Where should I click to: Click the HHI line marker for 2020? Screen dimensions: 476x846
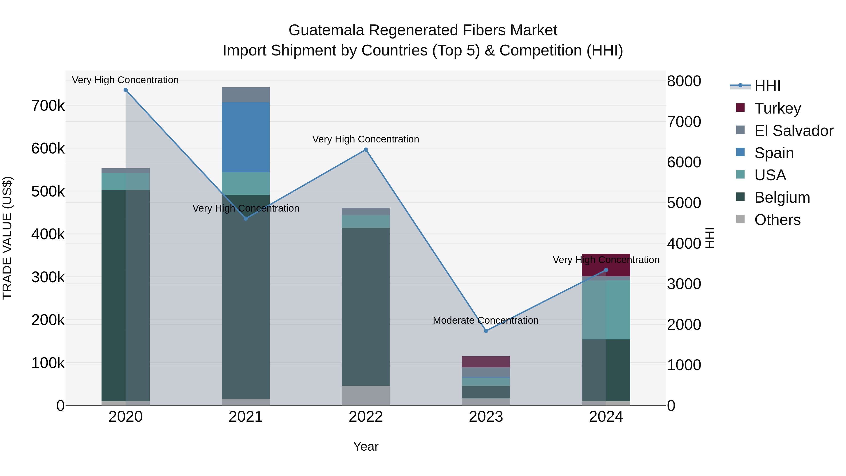click(125, 90)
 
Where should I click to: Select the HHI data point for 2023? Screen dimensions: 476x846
click(486, 331)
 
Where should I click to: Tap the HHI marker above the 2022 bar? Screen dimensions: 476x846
click(366, 150)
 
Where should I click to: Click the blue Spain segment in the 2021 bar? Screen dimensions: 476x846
click(246, 137)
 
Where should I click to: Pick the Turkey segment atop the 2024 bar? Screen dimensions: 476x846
click(606, 265)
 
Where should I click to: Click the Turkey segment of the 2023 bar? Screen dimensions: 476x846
click(486, 362)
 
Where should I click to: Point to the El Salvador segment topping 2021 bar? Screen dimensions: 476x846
click(246, 94)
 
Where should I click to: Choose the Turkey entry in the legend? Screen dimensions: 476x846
click(777, 108)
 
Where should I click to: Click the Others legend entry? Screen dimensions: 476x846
click(777, 220)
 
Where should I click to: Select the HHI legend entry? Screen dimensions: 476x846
click(767, 86)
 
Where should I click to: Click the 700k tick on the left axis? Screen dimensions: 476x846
click(48, 106)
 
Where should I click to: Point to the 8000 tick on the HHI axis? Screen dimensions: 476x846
click(684, 81)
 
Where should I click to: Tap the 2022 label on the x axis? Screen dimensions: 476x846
click(366, 417)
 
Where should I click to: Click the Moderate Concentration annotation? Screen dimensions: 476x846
click(486, 320)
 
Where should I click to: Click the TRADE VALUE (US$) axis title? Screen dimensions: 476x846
click(7, 238)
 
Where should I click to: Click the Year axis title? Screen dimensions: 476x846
click(366, 446)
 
